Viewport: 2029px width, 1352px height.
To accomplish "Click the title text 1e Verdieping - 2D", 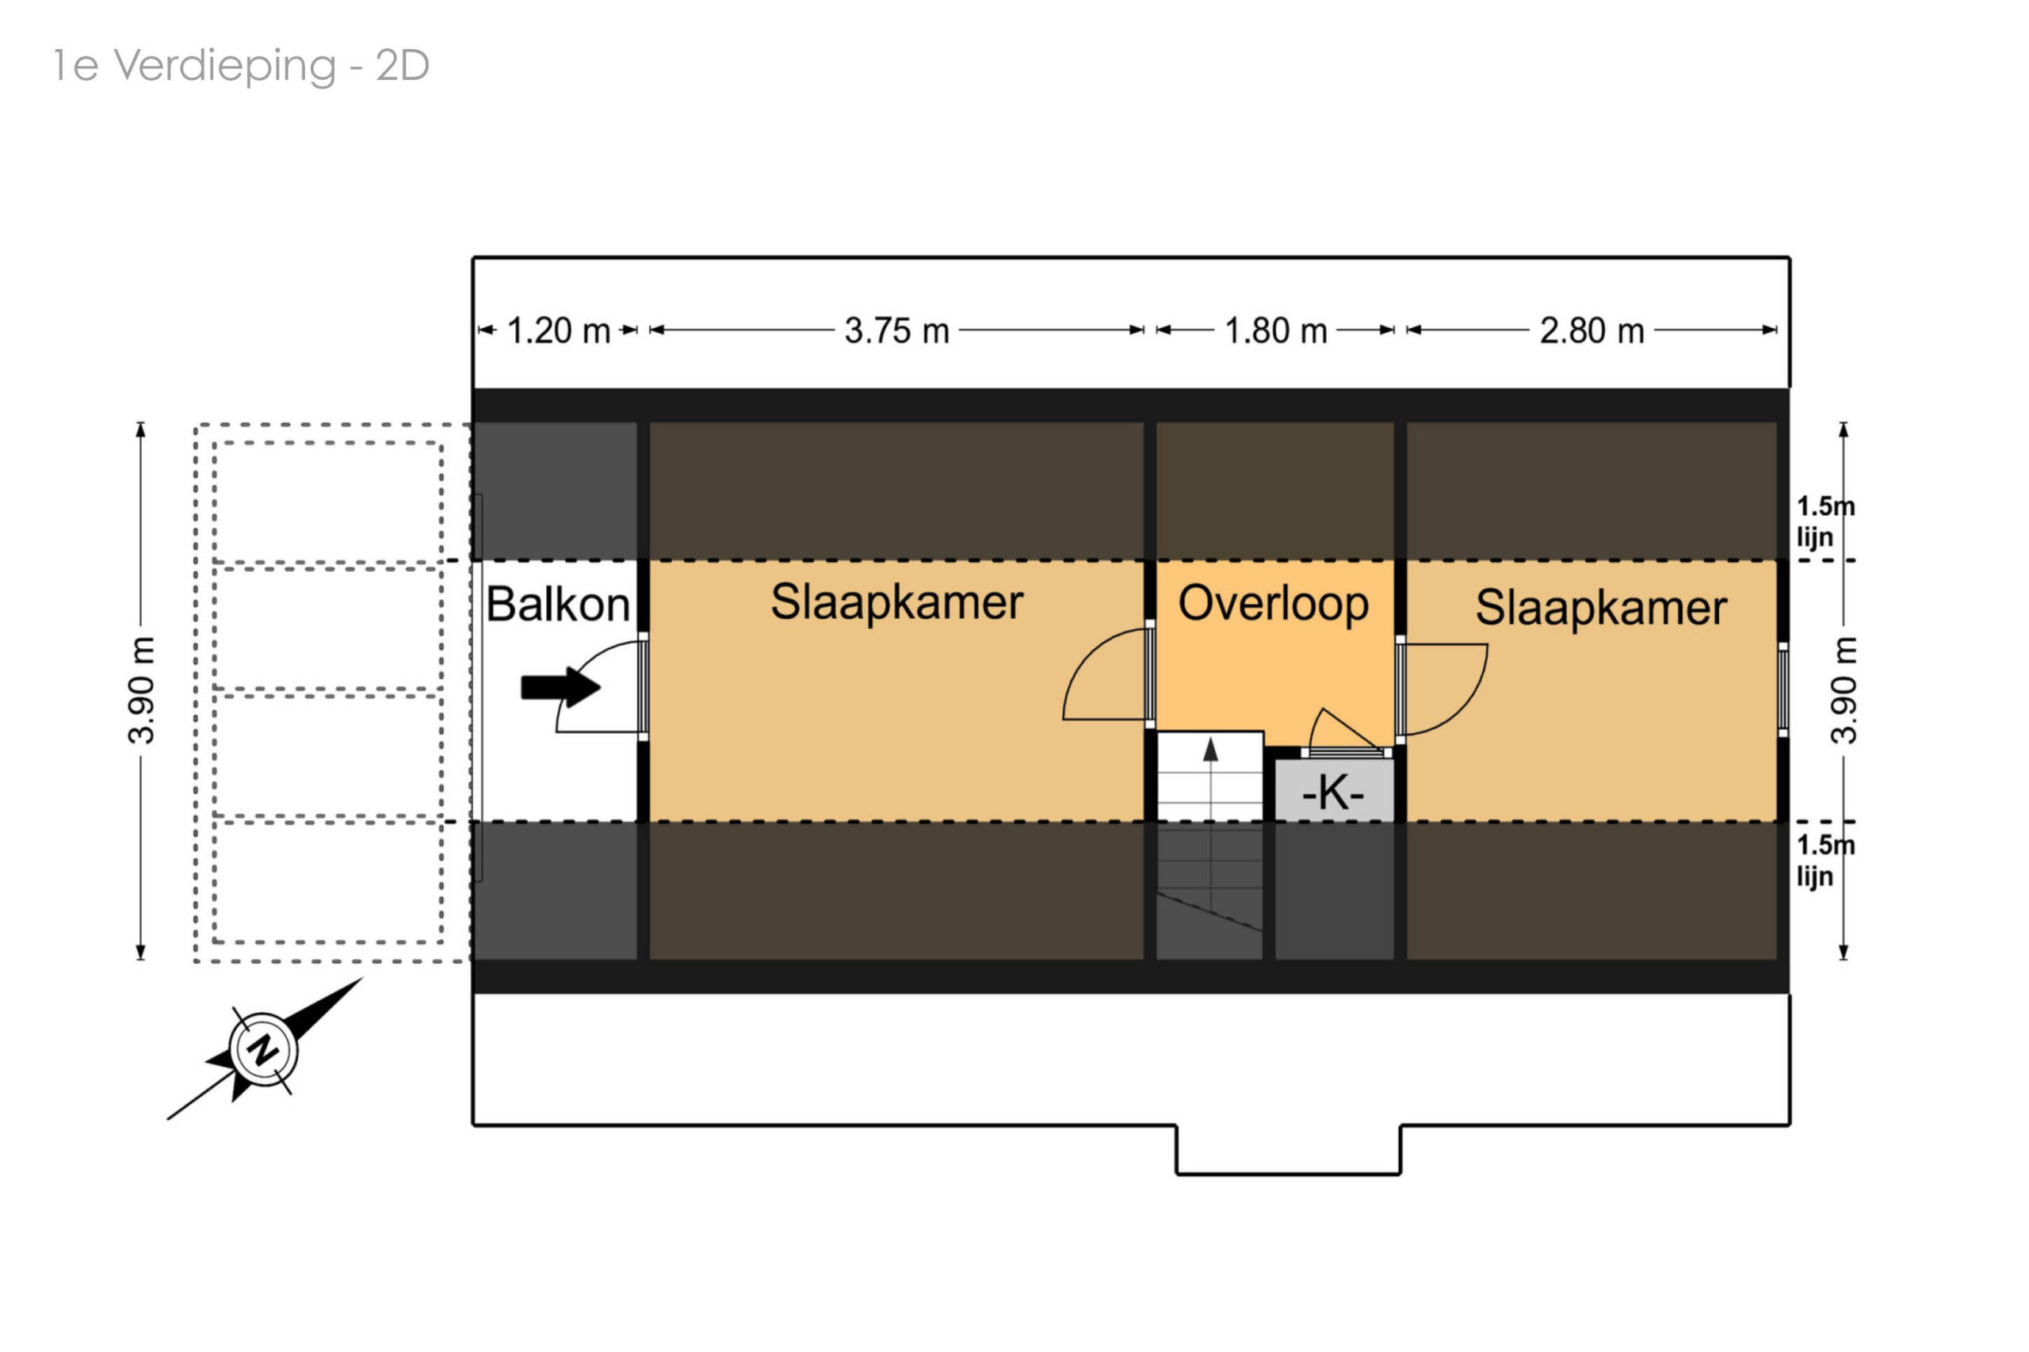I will click(x=241, y=66).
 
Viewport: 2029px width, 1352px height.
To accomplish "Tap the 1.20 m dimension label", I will click(x=558, y=331).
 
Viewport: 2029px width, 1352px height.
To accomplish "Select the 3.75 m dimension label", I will click(x=896, y=331).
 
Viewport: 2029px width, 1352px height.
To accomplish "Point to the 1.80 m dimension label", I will click(x=1275, y=331).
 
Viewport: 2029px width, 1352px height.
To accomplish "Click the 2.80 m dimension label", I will click(x=1591, y=331).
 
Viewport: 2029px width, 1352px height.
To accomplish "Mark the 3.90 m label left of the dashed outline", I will click(x=141, y=689).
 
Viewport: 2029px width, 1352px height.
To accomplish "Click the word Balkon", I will click(x=557, y=605).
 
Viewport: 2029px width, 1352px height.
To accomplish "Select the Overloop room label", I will click(x=1273, y=603).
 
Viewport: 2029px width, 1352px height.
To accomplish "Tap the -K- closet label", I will click(x=1332, y=792).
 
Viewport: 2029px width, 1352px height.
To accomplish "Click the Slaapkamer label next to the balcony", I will click(x=896, y=602).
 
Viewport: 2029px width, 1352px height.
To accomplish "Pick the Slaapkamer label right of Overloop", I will click(x=1600, y=608).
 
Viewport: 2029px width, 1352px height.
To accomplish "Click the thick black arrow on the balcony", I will click(x=560, y=687).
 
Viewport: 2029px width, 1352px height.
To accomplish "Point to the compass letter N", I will click(x=263, y=1050).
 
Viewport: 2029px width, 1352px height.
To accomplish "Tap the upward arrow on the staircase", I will click(x=1211, y=750).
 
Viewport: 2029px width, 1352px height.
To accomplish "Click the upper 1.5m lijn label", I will click(x=1825, y=521).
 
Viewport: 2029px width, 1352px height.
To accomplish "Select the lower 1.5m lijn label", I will click(x=1825, y=861).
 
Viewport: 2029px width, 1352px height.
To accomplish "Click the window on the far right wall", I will click(x=1783, y=689).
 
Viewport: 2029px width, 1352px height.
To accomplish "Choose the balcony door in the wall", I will click(x=644, y=686).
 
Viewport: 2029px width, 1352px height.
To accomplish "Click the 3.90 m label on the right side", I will click(x=1844, y=689).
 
